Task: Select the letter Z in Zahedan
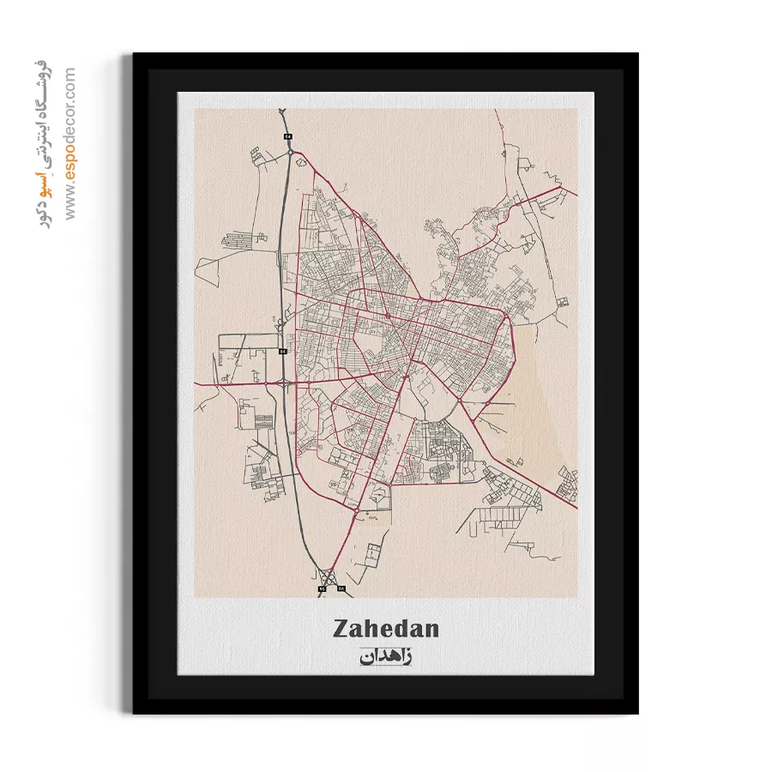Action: pyautogui.click(x=341, y=629)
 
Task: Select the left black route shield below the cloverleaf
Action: pyautogui.click(x=322, y=589)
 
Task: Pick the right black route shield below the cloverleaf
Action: pyautogui.click(x=341, y=588)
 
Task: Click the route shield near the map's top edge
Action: pyautogui.click(x=288, y=136)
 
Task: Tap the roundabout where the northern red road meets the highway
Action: pyautogui.click(x=291, y=153)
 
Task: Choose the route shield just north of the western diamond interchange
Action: pyautogui.click(x=282, y=352)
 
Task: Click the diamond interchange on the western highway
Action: pyautogui.click(x=284, y=381)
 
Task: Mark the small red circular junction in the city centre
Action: pyautogui.click(x=388, y=317)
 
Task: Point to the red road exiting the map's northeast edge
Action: pyautogui.click(x=575, y=191)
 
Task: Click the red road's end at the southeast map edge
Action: pyautogui.click(x=576, y=508)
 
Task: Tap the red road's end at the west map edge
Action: pyautogui.click(x=196, y=383)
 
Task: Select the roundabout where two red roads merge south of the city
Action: pyautogui.click(x=357, y=511)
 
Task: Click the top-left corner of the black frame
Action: pyautogui.click(x=134, y=54)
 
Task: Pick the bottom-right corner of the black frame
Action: pyautogui.click(x=637, y=713)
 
